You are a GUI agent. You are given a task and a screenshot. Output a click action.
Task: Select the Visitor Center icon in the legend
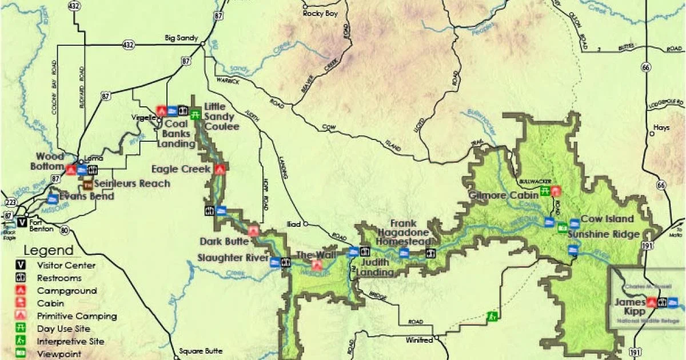pyautogui.click(x=21, y=265)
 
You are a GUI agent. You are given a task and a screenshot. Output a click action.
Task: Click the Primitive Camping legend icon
pyautogui.click(x=21, y=315)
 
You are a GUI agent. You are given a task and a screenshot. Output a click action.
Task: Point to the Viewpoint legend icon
pyautogui.click(x=21, y=354)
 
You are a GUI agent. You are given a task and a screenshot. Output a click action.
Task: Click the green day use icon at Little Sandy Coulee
pyautogui.click(x=195, y=113)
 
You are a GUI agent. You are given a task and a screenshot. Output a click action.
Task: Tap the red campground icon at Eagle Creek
pyautogui.click(x=220, y=169)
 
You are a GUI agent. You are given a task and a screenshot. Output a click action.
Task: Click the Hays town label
pyautogui.click(x=662, y=128)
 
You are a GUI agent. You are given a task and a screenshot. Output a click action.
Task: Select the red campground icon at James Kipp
pyautogui.click(x=651, y=302)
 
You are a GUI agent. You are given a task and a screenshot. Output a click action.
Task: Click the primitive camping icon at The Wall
pyautogui.click(x=316, y=265)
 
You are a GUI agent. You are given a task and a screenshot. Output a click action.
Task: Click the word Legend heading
pyautogui.click(x=49, y=250)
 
